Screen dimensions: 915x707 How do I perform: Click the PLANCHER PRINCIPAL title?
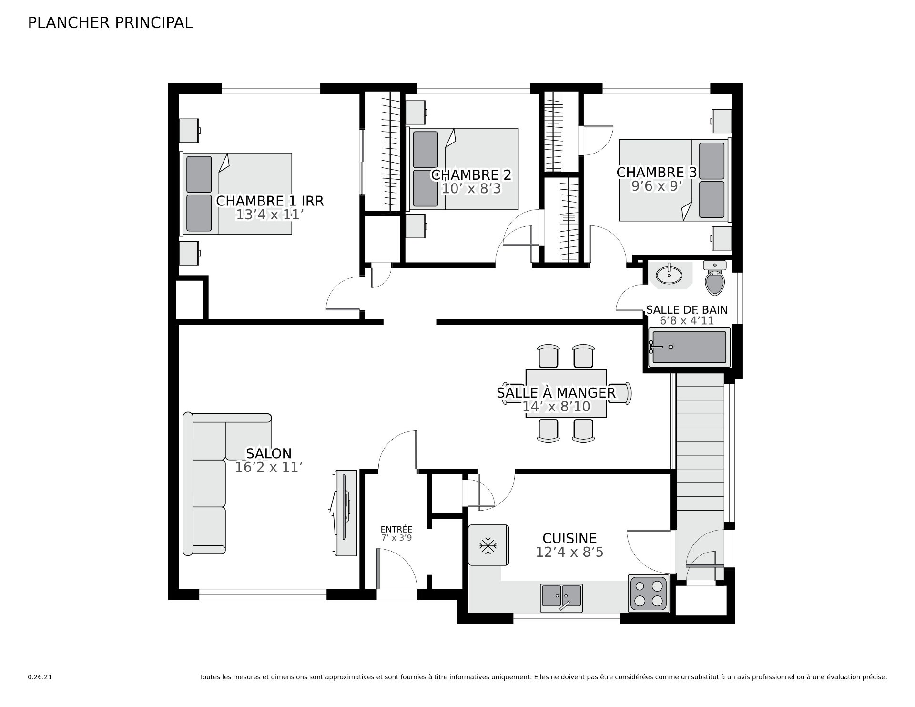coord(110,22)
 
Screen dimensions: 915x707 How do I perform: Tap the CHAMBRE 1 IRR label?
coord(270,201)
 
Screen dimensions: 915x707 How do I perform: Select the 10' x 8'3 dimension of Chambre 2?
coord(471,189)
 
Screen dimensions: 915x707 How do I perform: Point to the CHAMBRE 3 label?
coord(657,172)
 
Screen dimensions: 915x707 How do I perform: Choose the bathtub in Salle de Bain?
coord(689,347)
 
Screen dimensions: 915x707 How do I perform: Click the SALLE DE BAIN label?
coord(687,310)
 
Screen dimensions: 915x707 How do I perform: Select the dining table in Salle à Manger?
coord(566,393)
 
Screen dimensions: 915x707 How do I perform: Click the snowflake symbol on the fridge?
coord(488,546)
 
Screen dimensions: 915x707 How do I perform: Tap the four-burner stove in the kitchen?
coord(649,593)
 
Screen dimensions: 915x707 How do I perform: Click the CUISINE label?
coord(569,538)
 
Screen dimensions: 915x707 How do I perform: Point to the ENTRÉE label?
coord(396,529)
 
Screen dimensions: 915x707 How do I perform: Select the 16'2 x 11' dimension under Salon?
coord(269,467)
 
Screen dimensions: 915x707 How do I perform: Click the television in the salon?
coord(345,513)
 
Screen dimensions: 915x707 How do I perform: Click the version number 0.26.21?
coord(40,677)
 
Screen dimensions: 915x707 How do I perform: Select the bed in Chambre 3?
coord(674,180)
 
